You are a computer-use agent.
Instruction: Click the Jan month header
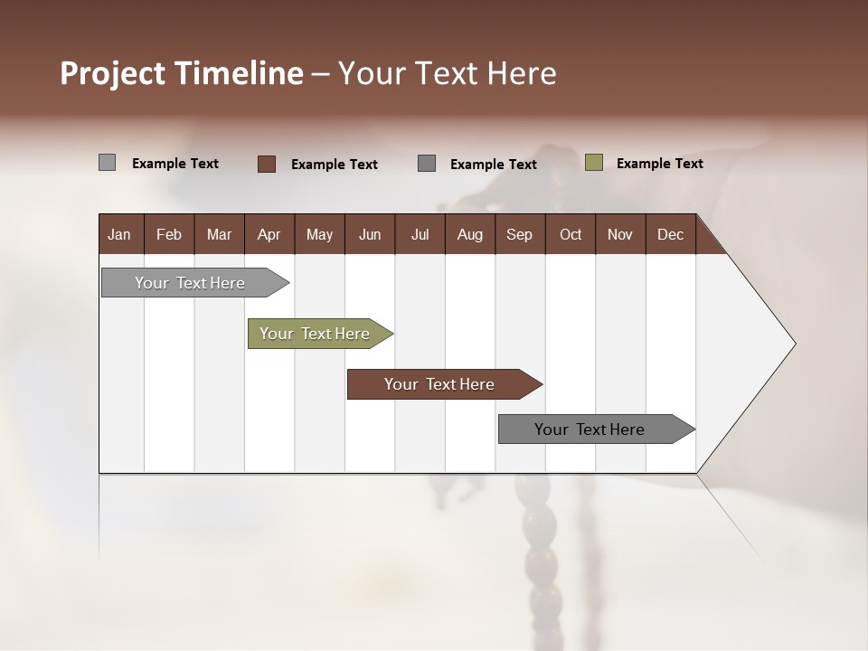(119, 234)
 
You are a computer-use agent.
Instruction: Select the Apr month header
(269, 234)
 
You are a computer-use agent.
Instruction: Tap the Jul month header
(420, 234)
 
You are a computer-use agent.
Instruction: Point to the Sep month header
(519, 234)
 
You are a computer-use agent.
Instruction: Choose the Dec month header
(670, 234)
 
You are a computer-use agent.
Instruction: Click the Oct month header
(571, 234)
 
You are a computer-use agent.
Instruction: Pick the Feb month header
(169, 234)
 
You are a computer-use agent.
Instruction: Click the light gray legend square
(107, 163)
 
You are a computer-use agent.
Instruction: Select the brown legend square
(267, 164)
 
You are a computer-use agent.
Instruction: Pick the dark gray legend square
(427, 164)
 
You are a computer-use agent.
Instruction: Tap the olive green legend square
(593, 163)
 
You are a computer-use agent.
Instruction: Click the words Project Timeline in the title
(181, 73)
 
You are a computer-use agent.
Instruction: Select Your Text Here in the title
(447, 73)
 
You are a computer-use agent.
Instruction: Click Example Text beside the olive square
(659, 164)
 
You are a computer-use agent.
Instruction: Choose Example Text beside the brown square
(334, 165)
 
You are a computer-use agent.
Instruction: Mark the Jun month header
(370, 234)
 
